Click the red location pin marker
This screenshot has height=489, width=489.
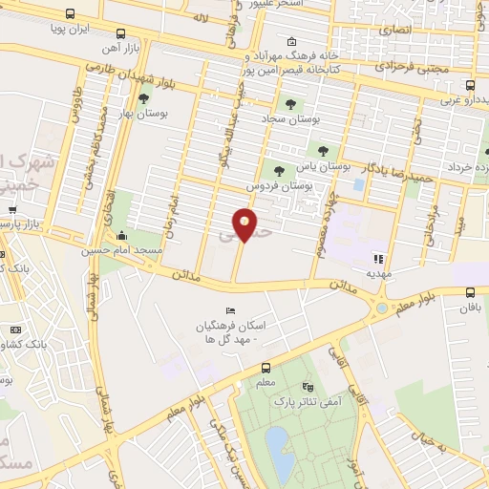coord(245,223)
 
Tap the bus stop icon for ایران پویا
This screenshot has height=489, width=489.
coord(70,14)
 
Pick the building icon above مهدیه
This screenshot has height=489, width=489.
coord(378,258)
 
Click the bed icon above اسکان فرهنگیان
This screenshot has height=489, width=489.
coord(228,311)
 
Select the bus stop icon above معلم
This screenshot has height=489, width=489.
coord(266,368)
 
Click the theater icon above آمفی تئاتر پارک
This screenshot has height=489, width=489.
coord(306,387)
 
